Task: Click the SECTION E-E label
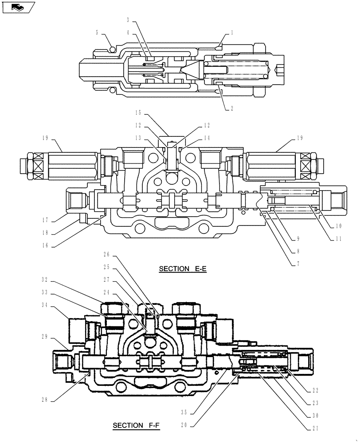pyautogui.click(x=183, y=269)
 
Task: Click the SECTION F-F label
pyautogui.click(x=136, y=426)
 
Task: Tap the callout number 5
pyautogui.click(x=97, y=32)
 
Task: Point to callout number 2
pyautogui.click(x=232, y=108)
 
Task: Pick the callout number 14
pyautogui.click(x=207, y=138)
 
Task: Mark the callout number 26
pyautogui.click(x=106, y=254)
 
